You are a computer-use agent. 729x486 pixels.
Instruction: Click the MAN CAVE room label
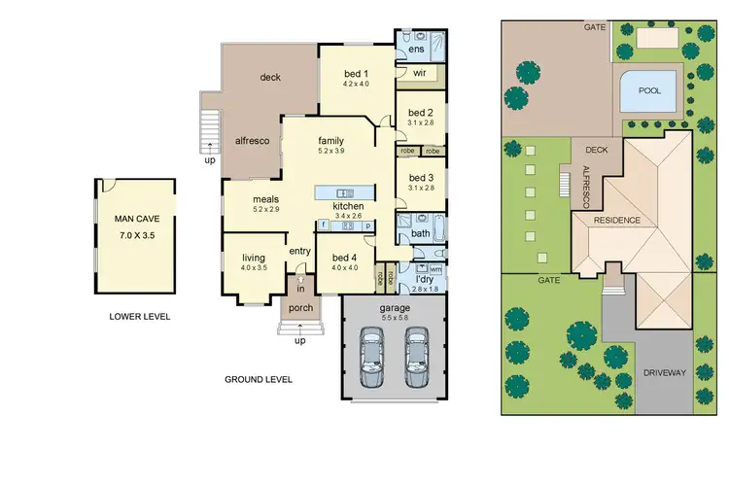pyautogui.click(x=135, y=221)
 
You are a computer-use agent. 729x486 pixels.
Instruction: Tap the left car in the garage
pyautogui.click(x=371, y=356)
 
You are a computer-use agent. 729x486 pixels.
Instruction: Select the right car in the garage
pyautogui.click(x=418, y=356)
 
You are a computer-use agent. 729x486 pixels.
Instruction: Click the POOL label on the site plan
pyautogui.click(x=649, y=90)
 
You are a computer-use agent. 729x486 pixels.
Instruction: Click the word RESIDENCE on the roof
pyautogui.click(x=616, y=221)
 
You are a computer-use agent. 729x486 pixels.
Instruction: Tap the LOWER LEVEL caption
pyautogui.click(x=140, y=317)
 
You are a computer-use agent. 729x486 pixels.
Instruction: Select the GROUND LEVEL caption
pyautogui.click(x=259, y=379)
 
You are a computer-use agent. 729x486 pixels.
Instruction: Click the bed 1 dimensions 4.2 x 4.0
pyautogui.click(x=357, y=85)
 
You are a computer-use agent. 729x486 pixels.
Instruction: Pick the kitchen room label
pyautogui.click(x=348, y=207)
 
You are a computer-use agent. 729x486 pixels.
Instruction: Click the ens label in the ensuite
pyautogui.click(x=416, y=49)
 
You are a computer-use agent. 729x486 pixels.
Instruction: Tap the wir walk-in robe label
pyautogui.click(x=420, y=73)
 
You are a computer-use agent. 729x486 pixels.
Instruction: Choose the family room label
pyautogui.click(x=331, y=139)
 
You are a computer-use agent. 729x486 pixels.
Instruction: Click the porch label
pyautogui.click(x=299, y=312)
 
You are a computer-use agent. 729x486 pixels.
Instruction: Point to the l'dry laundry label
pyautogui.click(x=424, y=279)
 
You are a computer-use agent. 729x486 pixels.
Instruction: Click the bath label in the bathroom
pyautogui.click(x=420, y=234)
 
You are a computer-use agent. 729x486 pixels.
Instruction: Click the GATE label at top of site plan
pyautogui.click(x=594, y=27)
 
